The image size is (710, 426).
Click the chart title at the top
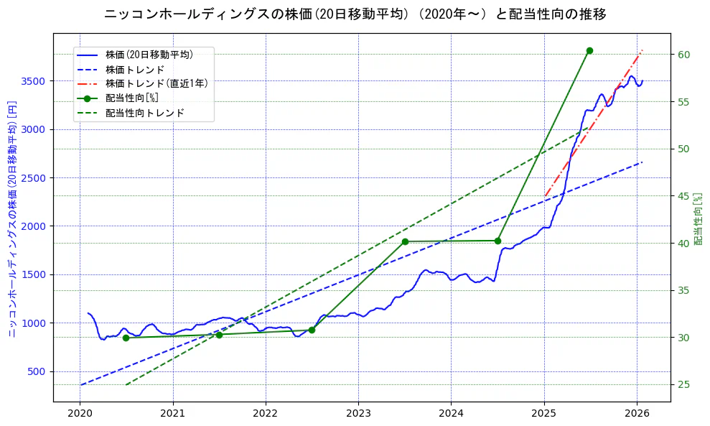tap(355, 14)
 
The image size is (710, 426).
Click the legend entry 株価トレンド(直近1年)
tap(157, 83)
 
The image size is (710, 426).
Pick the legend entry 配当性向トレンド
tap(144, 113)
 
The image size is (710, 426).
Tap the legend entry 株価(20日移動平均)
tap(149, 54)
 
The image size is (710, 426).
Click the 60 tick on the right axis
tap(683, 55)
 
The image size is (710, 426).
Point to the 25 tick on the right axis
tap(683, 385)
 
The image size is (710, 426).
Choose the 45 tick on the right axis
tap(683, 196)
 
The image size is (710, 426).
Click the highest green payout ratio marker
tap(589, 50)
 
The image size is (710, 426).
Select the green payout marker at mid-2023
tap(405, 241)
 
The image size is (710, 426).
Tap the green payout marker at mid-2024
tap(498, 241)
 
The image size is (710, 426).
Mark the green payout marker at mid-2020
tap(126, 338)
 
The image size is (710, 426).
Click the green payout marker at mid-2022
tap(312, 330)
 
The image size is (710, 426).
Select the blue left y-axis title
tap(12, 219)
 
